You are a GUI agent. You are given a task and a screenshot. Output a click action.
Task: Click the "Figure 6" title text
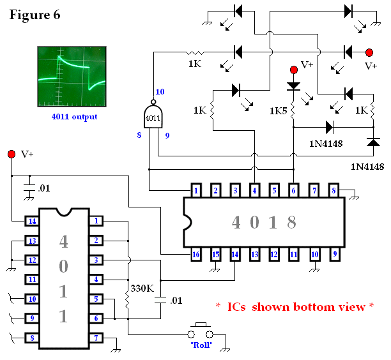point(34,15)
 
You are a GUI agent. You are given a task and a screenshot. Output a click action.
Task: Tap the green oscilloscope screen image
point(72,77)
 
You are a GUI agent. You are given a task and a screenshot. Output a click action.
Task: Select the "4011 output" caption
point(74,117)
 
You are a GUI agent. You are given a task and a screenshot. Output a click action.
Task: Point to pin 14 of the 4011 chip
point(32,221)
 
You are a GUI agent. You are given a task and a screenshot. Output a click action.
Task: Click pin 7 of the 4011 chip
point(96,338)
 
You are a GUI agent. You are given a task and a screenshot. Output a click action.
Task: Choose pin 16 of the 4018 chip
point(196,255)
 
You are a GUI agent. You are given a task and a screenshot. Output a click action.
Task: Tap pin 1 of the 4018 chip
point(196,191)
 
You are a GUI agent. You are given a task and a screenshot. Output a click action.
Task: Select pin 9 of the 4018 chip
point(335,254)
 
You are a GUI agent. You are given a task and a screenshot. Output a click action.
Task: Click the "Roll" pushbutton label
point(201,345)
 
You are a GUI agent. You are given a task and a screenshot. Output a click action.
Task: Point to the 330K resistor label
point(142,289)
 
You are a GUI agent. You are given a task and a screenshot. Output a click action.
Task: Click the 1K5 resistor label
point(279,111)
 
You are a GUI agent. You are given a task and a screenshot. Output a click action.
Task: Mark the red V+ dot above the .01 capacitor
point(11,154)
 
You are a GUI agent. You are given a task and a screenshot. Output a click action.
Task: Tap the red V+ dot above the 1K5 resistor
point(294,70)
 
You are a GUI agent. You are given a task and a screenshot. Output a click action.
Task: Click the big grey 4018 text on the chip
point(264,222)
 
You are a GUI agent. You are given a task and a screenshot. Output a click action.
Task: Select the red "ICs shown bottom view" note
point(295,307)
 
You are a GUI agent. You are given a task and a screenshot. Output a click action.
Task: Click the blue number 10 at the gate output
point(160,92)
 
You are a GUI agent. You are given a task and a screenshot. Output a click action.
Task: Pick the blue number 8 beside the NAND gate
point(139,135)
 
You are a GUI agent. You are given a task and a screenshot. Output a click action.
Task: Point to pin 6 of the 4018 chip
point(293,191)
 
